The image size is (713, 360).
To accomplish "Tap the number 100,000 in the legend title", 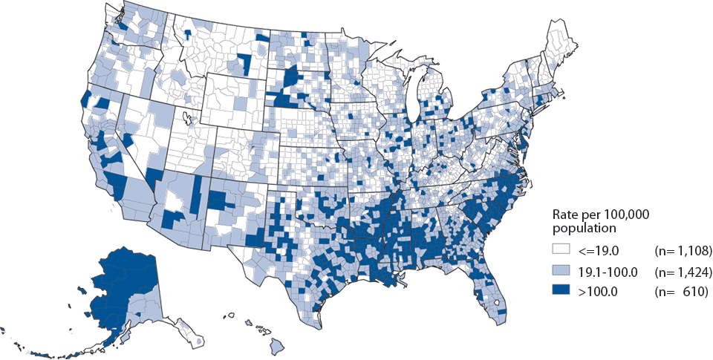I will pos(624,214).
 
